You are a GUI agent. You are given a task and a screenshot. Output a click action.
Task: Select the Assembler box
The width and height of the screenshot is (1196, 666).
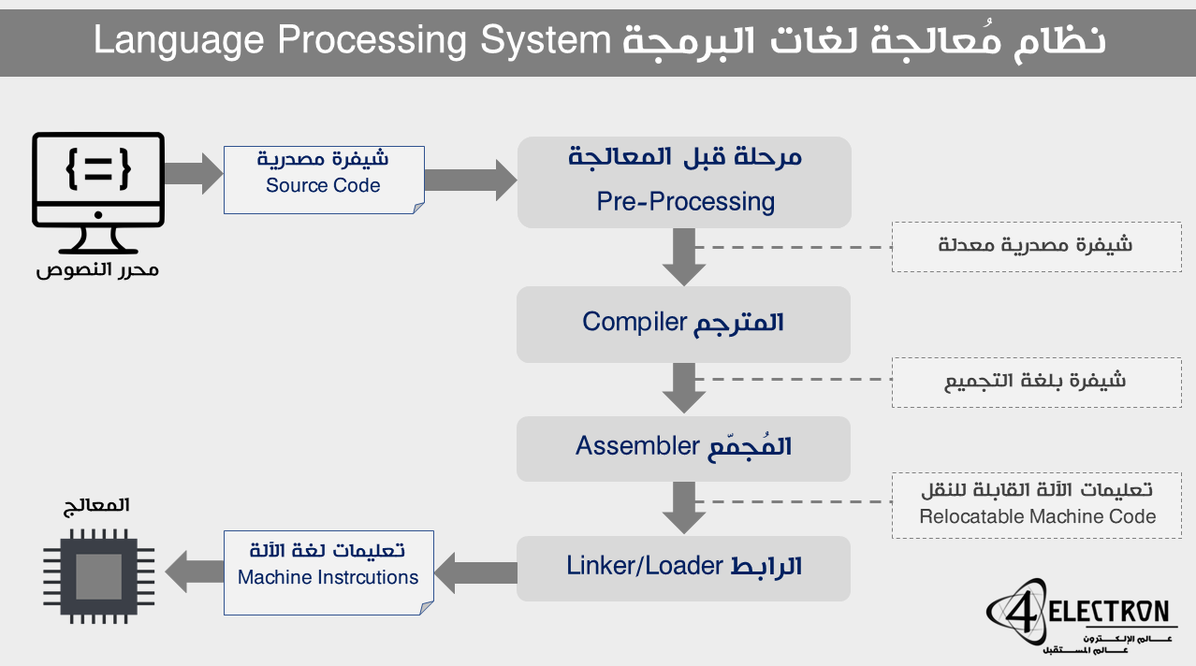point(683,448)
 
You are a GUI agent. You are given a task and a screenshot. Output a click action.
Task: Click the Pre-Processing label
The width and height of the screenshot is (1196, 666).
point(685,201)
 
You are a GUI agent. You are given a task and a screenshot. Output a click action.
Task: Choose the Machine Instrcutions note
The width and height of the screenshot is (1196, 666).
point(328,572)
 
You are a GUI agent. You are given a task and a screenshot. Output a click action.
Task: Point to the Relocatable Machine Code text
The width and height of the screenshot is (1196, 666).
point(1037,516)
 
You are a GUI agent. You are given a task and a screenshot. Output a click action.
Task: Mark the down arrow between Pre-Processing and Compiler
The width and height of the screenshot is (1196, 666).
point(683,257)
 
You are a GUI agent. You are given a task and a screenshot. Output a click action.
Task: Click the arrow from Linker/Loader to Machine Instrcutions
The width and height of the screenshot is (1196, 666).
point(477,572)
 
